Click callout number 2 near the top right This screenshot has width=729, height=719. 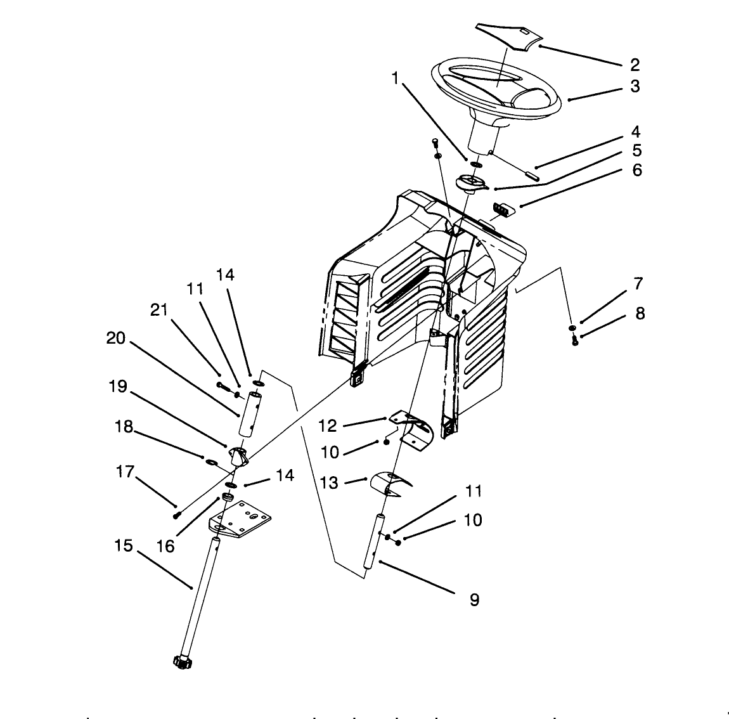point(635,65)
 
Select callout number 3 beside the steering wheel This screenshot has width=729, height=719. point(635,86)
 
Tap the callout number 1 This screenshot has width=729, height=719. point(396,78)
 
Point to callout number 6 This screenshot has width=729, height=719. point(636,170)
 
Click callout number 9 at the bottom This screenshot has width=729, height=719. point(474,599)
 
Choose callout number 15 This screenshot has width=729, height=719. point(124,545)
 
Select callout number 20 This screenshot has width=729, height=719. point(116,339)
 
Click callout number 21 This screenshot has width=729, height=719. point(158,309)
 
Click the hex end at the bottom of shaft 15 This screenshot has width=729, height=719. point(181,662)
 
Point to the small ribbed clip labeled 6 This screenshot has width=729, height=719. point(502,209)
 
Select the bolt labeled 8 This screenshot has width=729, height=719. point(575,340)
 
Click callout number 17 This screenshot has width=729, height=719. point(126,472)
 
